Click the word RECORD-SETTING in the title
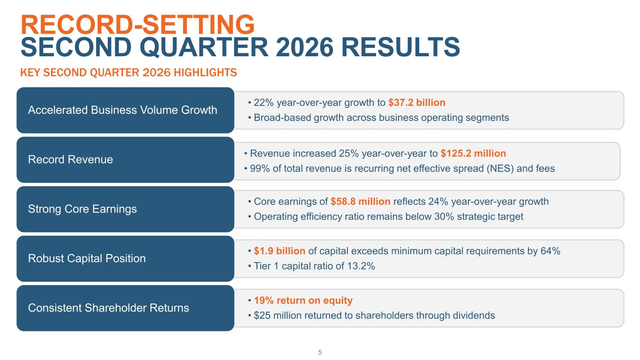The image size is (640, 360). coord(137,24)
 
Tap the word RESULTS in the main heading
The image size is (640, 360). coord(400,47)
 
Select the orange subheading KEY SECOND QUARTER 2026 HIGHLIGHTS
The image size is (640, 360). coord(128,73)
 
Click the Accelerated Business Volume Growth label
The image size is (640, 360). coord(122,110)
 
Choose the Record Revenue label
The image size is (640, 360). coord(70,159)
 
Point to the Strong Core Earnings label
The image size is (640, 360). coord(83,209)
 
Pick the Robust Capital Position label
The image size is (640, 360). coord(87,258)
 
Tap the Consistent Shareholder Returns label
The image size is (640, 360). coord(109,307)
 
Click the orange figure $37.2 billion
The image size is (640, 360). coord(417,103)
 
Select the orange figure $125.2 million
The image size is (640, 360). coord(473,153)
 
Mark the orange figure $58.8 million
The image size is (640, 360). coord(361,202)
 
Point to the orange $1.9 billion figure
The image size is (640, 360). coord(279,251)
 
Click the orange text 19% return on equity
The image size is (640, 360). coord(303,300)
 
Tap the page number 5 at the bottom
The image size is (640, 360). coord(320,352)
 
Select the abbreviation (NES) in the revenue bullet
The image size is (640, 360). coord(500,169)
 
